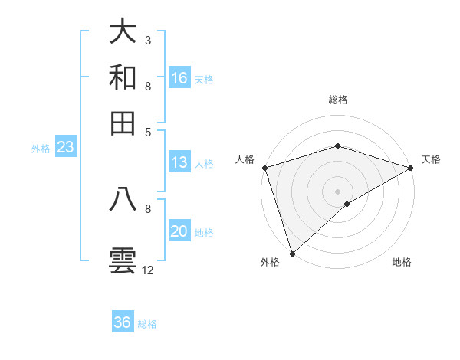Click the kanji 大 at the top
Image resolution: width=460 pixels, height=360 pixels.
click(123, 31)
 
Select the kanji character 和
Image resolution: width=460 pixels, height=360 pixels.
click(123, 77)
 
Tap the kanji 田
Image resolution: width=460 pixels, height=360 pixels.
click(123, 123)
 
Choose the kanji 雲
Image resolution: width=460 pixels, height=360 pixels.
click(123, 260)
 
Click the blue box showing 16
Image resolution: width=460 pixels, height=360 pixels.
click(179, 78)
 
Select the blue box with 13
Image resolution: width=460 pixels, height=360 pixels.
click(179, 162)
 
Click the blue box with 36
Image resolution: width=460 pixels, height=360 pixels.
click(123, 322)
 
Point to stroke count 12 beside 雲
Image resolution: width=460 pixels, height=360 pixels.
click(148, 270)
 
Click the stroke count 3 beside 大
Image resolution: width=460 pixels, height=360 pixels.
click(147, 40)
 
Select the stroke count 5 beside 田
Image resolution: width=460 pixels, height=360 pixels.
click(147, 131)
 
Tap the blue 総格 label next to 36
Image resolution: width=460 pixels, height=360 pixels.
click(147, 324)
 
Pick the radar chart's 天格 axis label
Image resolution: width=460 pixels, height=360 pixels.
click(431, 159)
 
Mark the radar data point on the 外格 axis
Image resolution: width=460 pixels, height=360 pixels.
click(292, 253)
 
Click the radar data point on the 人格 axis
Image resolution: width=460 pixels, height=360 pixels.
click(264, 168)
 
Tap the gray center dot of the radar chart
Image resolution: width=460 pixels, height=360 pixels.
click(337, 191)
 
